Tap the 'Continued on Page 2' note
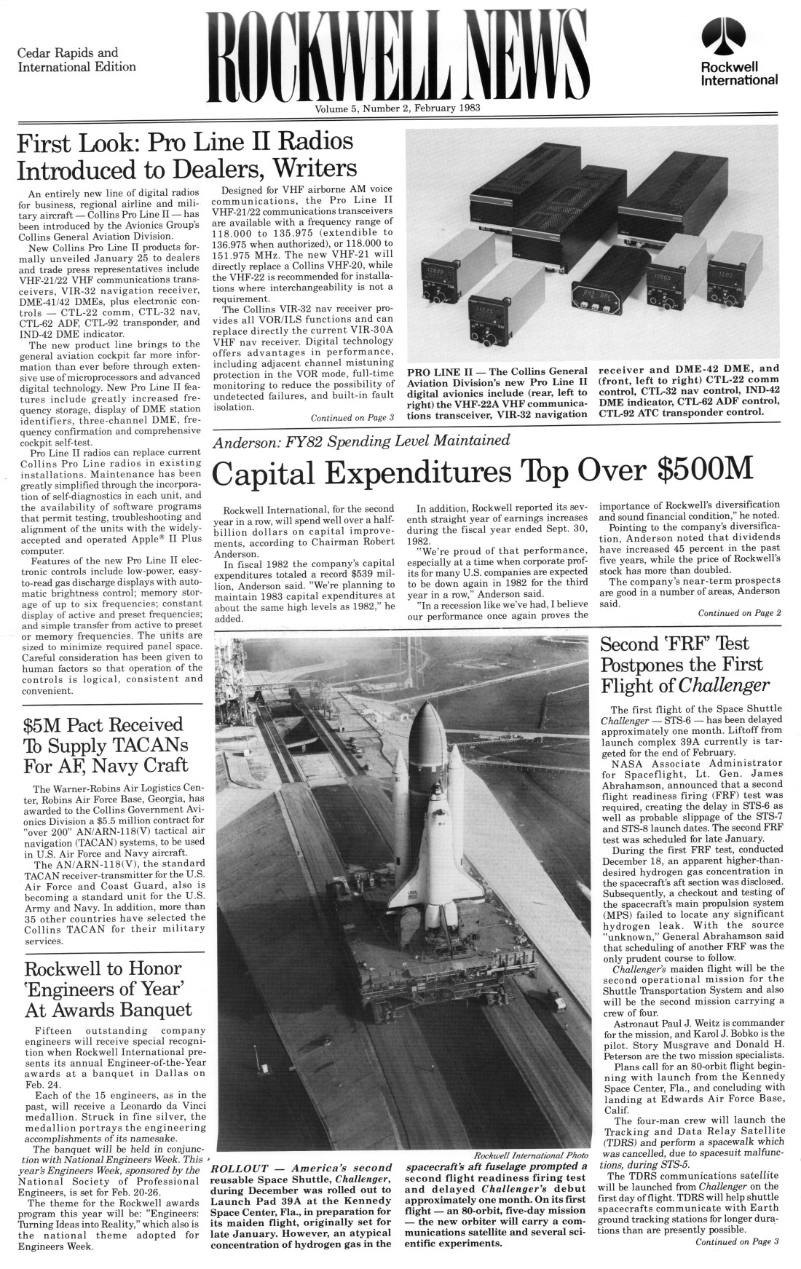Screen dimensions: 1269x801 (x=739, y=612)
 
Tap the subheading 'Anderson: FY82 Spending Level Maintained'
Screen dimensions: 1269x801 (x=362, y=441)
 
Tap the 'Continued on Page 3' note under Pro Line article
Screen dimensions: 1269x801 (x=352, y=417)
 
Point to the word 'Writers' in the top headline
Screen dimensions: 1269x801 (x=315, y=169)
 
